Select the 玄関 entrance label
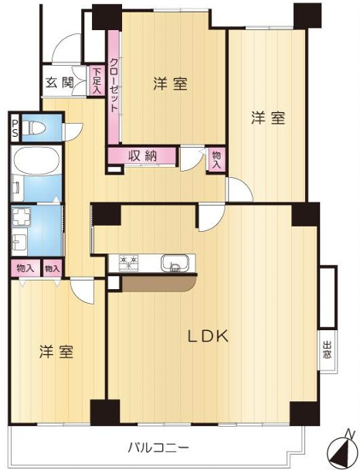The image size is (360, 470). tap(59, 83)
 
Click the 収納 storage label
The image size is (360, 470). tap(143, 155)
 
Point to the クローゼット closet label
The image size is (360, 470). tap(114, 86)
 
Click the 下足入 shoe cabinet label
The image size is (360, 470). tap(97, 81)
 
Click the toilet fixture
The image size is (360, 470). tap(35, 126)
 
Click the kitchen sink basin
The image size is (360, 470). tap(174, 263)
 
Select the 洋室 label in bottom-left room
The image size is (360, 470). tap(57, 352)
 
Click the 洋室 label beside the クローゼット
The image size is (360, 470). tap(170, 83)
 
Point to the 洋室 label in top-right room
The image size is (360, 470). tap(268, 118)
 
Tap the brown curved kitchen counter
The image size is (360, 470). tap(158, 284)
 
